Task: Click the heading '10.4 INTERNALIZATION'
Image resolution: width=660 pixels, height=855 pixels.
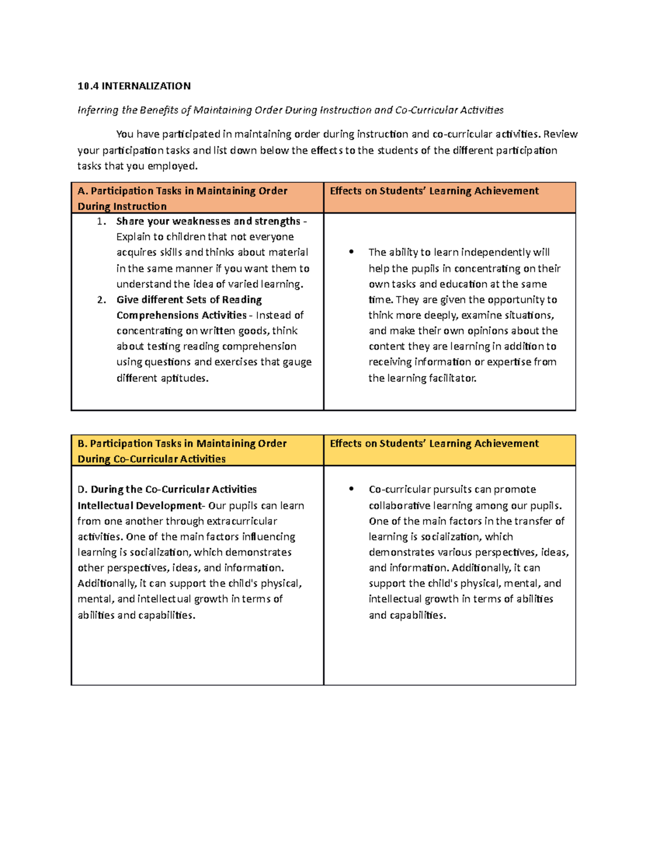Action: point(134,86)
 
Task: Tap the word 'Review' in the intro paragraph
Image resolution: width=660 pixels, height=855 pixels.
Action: point(560,134)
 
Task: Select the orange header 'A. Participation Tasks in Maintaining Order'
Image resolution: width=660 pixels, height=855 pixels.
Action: point(183,191)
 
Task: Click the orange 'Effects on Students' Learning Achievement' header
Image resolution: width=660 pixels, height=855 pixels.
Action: point(434,191)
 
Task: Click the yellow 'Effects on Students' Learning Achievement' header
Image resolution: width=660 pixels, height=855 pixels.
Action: point(434,444)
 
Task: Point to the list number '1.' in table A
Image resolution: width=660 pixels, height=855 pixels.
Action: point(101,221)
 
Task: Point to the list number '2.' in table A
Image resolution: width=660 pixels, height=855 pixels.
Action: point(101,300)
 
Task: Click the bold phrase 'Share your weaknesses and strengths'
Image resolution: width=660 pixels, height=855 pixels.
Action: point(208,221)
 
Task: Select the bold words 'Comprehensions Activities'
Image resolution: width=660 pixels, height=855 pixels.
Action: point(182,315)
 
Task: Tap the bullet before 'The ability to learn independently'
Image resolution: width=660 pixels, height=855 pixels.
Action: point(351,252)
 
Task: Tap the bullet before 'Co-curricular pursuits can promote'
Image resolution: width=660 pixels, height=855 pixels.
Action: point(351,489)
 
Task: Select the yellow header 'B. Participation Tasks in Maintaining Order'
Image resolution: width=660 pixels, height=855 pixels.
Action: point(182,444)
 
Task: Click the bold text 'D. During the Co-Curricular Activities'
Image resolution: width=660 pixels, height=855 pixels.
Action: point(167,489)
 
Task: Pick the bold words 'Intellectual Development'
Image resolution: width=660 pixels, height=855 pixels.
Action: point(140,505)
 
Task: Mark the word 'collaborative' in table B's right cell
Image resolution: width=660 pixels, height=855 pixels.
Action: point(399,505)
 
